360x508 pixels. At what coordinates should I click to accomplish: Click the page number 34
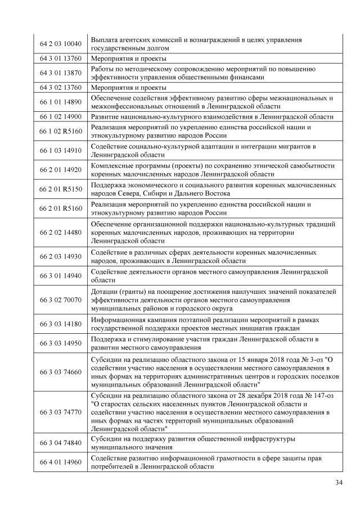click(339, 482)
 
